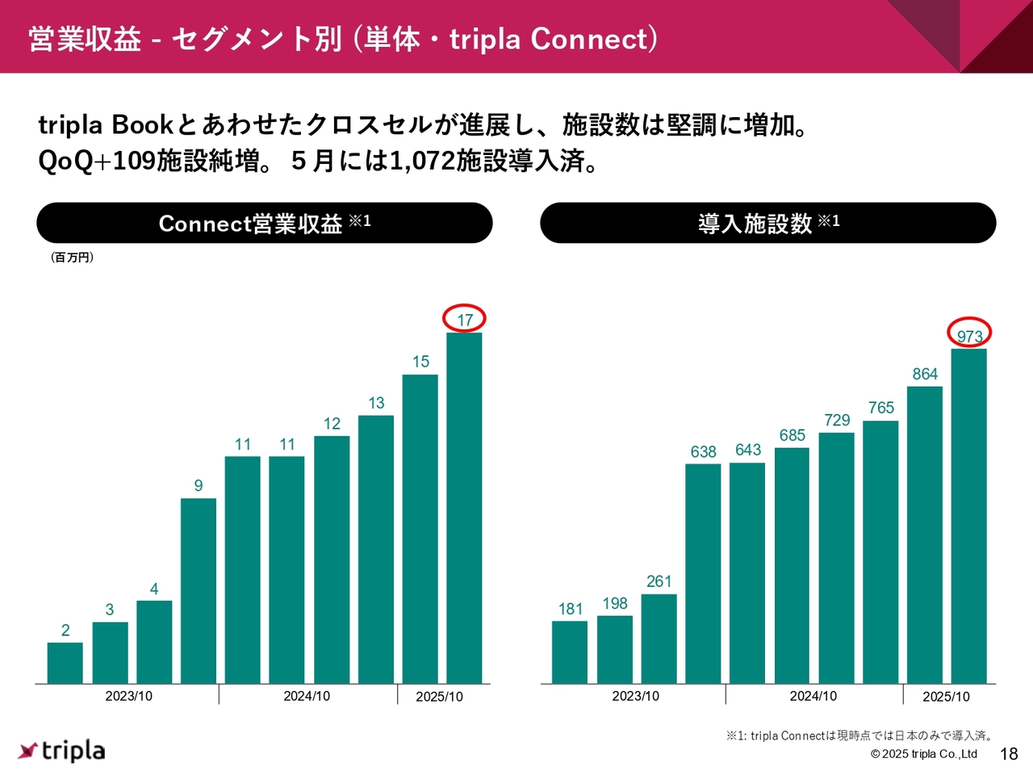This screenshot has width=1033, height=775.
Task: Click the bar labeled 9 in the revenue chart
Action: pyautogui.click(x=199, y=591)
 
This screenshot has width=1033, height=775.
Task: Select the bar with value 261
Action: pyautogui.click(x=659, y=639)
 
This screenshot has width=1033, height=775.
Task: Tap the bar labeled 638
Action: pyautogui.click(x=703, y=574)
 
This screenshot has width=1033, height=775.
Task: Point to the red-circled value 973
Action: pyautogui.click(x=970, y=337)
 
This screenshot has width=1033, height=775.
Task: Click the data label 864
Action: pyautogui.click(x=925, y=374)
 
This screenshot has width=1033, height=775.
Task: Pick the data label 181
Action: pyautogui.click(x=571, y=610)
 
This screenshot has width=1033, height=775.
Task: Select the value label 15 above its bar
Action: pyautogui.click(x=420, y=362)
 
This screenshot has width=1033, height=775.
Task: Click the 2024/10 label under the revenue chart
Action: pyautogui.click(x=307, y=696)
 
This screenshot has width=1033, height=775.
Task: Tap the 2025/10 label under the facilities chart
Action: pyautogui.click(x=946, y=697)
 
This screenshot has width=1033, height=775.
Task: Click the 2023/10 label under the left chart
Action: pyautogui.click(x=129, y=696)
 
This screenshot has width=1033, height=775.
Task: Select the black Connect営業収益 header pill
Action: pyautogui.click(x=265, y=223)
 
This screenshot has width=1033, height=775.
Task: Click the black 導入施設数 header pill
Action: pyautogui.click(x=768, y=223)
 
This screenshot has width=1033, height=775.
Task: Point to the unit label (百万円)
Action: pyautogui.click(x=72, y=258)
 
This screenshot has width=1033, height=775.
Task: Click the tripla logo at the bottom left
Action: pyautogui.click(x=61, y=751)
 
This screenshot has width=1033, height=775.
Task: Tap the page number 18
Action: pyautogui.click(x=1009, y=754)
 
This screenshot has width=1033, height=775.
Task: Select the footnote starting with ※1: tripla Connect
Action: pyautogui.click(x=859, y=735)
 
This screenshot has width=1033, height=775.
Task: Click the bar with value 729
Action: pyautogui.click(x=836, y=559)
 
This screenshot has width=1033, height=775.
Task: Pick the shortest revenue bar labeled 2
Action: pyautogui.click(x=65, y=664)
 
